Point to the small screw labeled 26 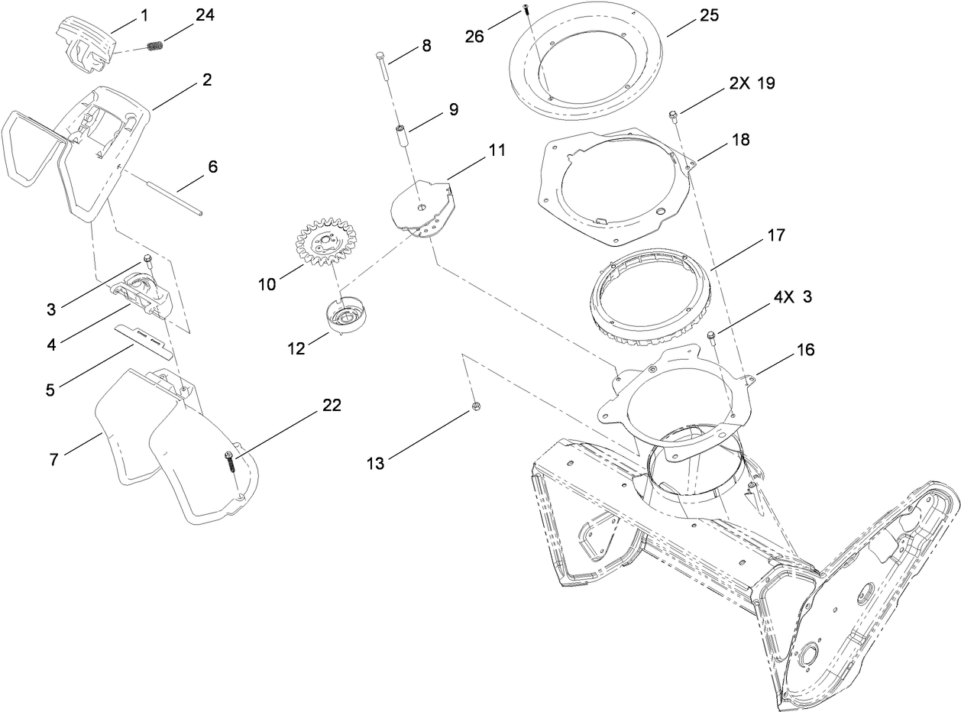coord(526,9)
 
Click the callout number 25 coord(709,15)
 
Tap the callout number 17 coord(775,235)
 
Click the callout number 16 coord(805,350)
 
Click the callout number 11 coord(497,150)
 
